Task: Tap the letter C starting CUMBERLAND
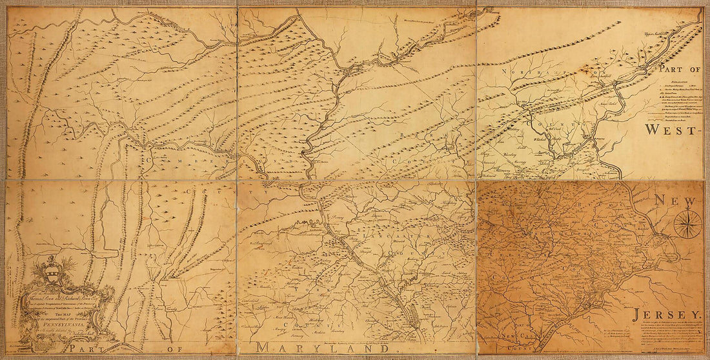(149, 159)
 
